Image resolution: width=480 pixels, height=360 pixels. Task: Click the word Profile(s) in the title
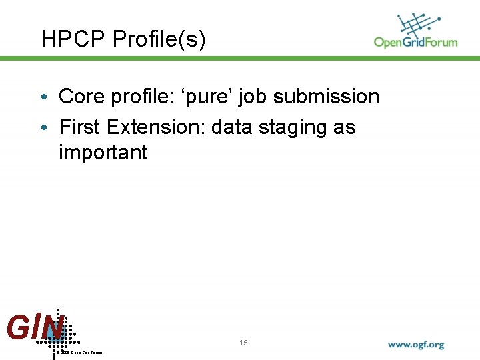pyautogui.click(x=159, y=40)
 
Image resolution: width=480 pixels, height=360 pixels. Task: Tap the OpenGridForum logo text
pyautogui.click(x=415, y=42)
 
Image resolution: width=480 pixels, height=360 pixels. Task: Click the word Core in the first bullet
pyautogui.click(x=80, y=97)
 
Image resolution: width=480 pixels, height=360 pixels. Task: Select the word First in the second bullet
pyautogui.click(x=78, y=127)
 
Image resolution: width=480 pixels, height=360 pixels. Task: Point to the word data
pyautogui.click(x=233, y=127)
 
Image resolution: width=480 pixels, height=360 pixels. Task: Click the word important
pyautogui.click(x=103, y=153)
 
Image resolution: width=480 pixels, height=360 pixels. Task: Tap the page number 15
pyautogui.click(x=243, y=343)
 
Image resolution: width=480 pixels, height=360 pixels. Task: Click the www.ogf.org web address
pyautogui.click(x=416, y=345)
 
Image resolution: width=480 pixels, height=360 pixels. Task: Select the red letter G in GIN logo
pyautogui.click(x=16, y=327)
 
